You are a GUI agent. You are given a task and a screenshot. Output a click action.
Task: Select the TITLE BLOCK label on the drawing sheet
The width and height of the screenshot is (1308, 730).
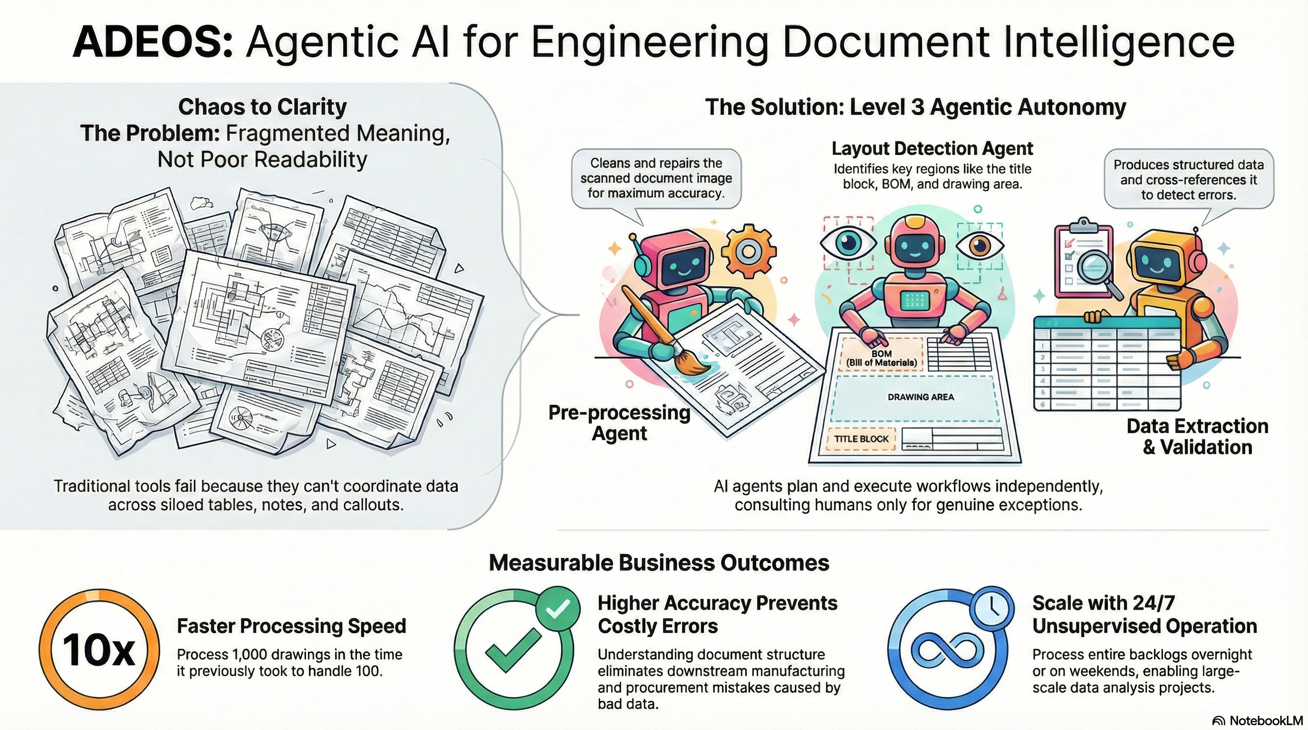[x=861, y=439]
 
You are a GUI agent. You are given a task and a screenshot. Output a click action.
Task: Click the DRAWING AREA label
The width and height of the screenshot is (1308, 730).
[x=921, y=397]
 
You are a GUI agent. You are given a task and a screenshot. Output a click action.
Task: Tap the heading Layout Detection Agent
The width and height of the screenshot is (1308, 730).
[x=932, y=148]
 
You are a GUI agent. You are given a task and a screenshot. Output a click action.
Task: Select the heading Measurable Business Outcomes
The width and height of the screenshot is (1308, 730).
[x=659, y=563]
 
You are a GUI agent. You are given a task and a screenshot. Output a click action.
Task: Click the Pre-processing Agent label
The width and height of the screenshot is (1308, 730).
[x=619, y=423]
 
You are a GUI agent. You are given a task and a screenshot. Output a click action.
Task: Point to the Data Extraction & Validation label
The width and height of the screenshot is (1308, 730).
[x=1197, y=437]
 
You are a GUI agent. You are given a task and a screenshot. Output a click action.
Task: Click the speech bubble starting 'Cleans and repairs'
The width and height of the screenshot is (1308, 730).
[x=656, y=179]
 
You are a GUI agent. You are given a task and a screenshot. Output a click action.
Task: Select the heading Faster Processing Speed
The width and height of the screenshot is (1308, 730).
[x=291, y=626]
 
